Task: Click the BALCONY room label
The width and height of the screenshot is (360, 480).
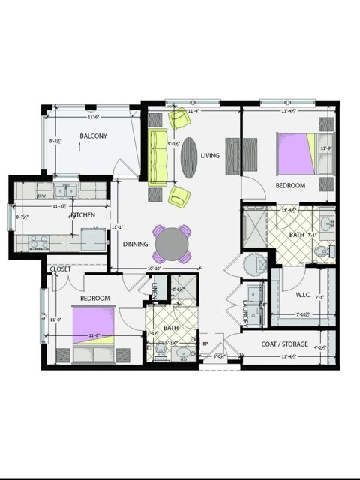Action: [x=94, y=136]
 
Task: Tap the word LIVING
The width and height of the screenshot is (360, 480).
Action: [x=210, y=155]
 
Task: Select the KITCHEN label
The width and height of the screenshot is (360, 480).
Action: [x=83, y=215]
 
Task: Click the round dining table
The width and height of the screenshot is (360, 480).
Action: [x=172, y=244]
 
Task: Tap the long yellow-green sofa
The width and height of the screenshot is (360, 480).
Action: [x=157, y=157]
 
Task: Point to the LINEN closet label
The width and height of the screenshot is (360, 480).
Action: [x=154, y=289]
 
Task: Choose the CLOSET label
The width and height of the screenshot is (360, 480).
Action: [x=60, y=269]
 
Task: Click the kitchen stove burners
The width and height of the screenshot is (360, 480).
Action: [x=38, y=241]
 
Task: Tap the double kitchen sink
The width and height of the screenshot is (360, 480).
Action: [x=65, y=191]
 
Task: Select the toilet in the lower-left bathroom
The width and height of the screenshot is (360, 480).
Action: [x=160, y=349]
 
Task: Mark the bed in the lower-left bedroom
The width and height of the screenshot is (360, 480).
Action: [x=93, y=328]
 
